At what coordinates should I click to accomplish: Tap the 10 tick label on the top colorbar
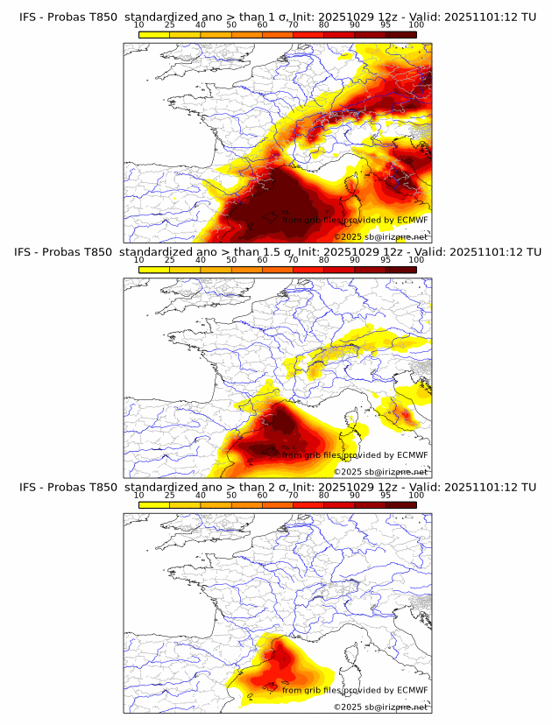coord(139,25)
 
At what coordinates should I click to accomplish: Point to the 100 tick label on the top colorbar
coord(416,25)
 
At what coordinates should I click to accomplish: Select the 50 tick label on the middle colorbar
coord(231,260)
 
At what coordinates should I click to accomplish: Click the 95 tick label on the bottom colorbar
coord(386,496)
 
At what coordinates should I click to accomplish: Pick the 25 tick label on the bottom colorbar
coord(170,496)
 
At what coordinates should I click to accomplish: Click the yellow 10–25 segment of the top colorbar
coord(154,34)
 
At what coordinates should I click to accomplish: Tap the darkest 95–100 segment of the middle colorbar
coord(401,270)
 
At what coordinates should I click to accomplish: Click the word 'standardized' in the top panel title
coord(159,16)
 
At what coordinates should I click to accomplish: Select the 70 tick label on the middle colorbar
coord(293,260)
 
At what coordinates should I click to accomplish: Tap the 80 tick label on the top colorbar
coord(324,25)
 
